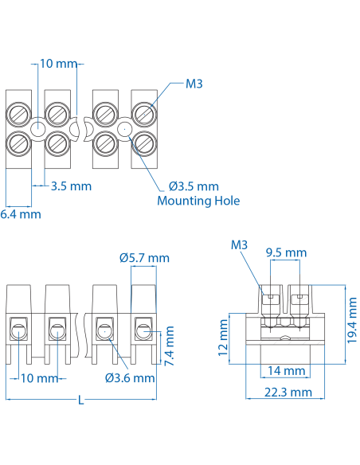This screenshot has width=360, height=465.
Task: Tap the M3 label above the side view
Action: (x=240, y=244)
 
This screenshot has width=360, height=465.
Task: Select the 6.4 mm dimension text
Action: (x=20, y=214)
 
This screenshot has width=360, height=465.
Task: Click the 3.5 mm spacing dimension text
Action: (x=71, y=186)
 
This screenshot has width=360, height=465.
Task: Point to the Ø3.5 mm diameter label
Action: (x=193, y=186)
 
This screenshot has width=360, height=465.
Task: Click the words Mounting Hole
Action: (x=198, y=201)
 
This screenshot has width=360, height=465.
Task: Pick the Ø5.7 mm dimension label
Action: (x=144, y=258)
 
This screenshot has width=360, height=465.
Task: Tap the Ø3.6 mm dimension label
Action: (x=130, y=377)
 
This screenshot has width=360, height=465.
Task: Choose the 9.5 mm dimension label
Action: (x=285, y=252)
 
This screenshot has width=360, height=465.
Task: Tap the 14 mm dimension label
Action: (x=285, y=371)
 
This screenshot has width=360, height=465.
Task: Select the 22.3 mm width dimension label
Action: (x=284, y=393)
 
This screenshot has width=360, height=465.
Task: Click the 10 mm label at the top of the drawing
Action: (x=57, y=63)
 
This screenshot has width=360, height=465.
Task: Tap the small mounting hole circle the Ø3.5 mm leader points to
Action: (x=123, y=129)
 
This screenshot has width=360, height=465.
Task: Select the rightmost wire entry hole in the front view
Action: (x=143, y=327)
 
